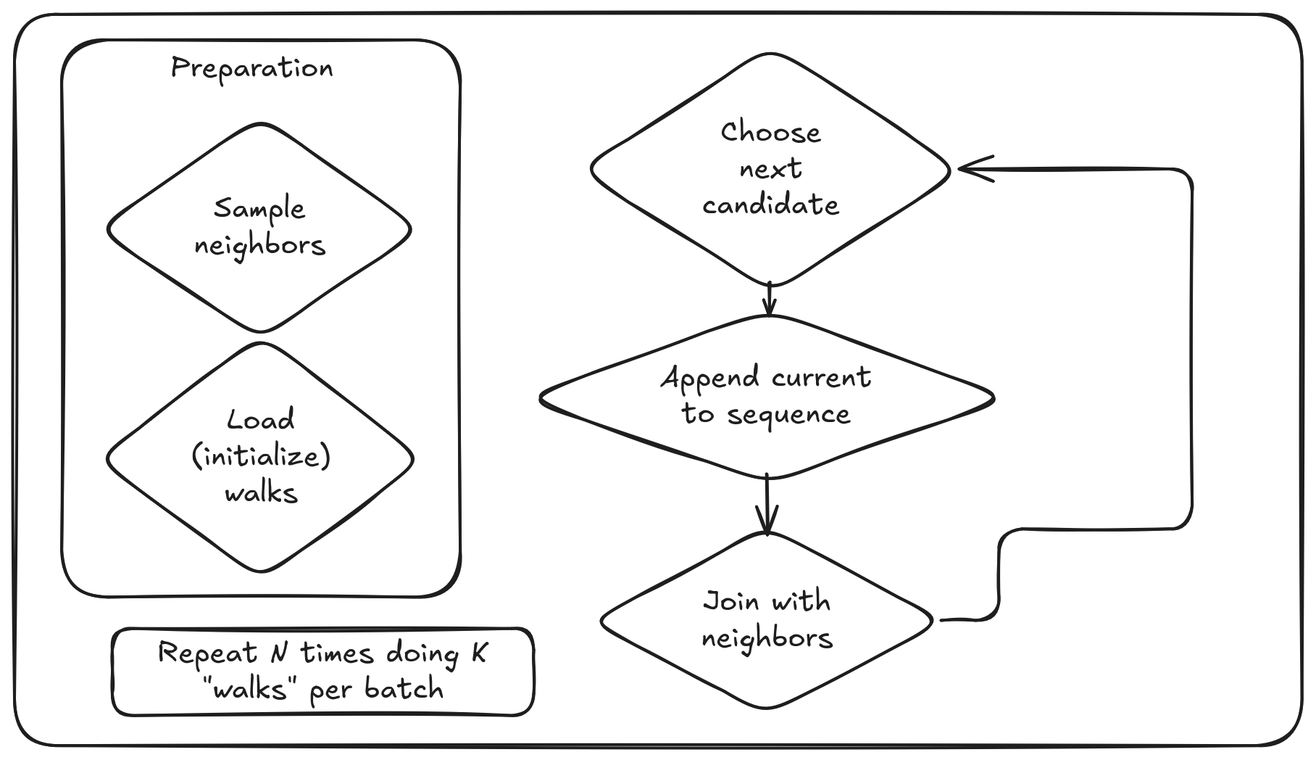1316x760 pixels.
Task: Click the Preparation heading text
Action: click(x=251, y=68)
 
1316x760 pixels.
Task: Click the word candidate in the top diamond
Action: click(x=770, y=205)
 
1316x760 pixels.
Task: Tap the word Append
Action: click(x=710, y=378)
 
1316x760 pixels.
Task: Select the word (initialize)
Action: click(x=261, y=457)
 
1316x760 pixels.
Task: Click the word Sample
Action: click(x=259, y=210)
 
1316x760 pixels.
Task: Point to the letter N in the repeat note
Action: click(x=278, y=653)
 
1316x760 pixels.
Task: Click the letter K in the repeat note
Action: click(x=479, y=653)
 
